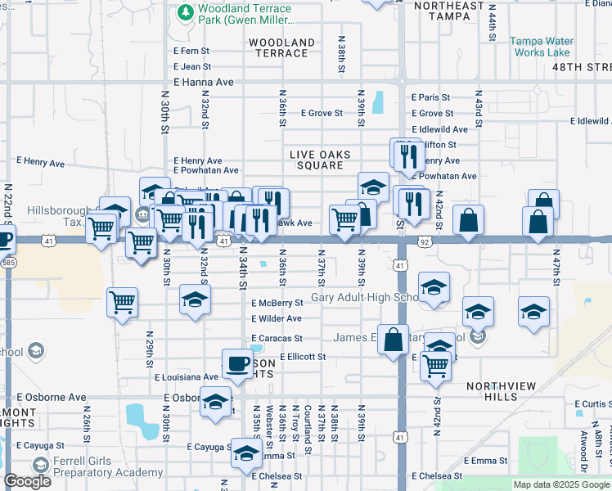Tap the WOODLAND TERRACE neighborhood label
(x=281, y=47)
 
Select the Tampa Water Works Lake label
(x=542, y=46)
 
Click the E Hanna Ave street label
(x=204, y=83)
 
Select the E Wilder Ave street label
(x=277, y=318)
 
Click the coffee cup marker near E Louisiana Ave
(x=238, y=363)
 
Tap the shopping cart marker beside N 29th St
(x=122, y=303)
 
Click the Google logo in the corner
(x=27, y=481)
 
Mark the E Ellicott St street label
(x=303, y=357)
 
